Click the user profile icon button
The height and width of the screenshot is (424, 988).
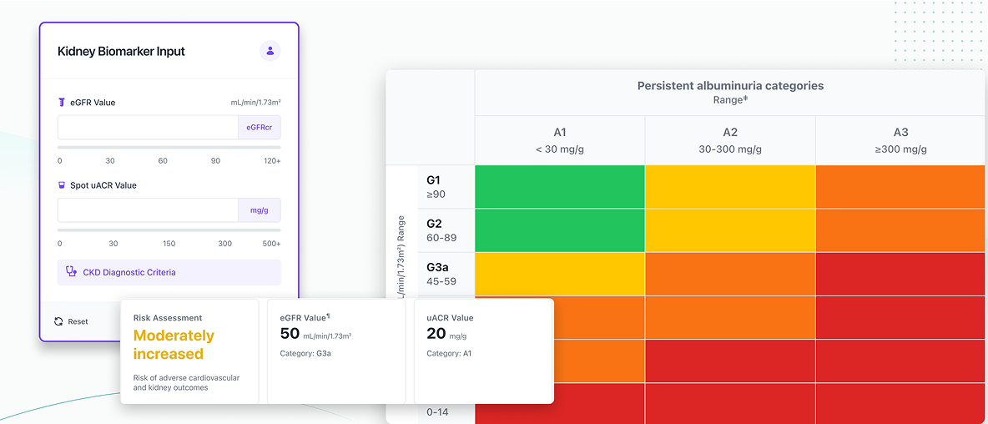[x=270, y=51]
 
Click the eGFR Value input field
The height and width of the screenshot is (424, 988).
[x=148, y=128]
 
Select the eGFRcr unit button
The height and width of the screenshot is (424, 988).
[x=259, y=128]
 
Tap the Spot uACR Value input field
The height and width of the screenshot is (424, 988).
[x=148, y=210]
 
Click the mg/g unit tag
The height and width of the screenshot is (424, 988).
[x=259, y=210]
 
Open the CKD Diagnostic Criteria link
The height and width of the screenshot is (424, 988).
[x=129, y=272]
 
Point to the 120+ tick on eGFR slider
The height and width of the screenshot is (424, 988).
[x=272, y=160]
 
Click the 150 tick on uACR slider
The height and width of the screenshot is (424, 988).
[x=169, y=244]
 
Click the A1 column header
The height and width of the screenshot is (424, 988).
[x=559, y=139]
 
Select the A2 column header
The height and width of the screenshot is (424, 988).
[x=730, y=139]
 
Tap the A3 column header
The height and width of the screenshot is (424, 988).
[x=900, y=139]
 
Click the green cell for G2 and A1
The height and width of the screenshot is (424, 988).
[x=559, y=230]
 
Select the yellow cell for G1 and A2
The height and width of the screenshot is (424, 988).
[x=730, y=186]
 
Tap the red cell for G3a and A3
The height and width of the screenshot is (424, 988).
[x=900, y=274]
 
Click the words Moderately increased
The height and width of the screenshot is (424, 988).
[x=174, y=345]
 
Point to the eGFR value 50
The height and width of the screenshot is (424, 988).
[x=290, y=334]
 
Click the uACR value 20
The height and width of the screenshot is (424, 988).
[x=436, y=334]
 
